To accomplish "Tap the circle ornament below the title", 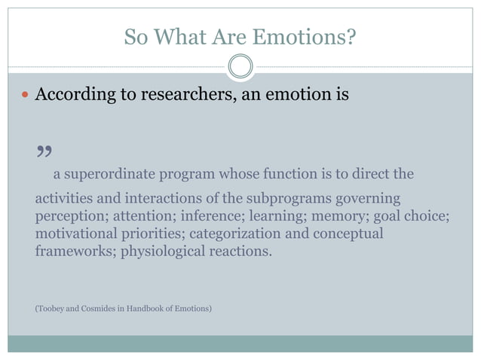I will pos(240,66).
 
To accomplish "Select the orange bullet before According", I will pos(26,96).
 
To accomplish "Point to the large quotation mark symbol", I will pos(44,154).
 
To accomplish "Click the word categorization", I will pos(235,233).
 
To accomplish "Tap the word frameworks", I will pos(72,251).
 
